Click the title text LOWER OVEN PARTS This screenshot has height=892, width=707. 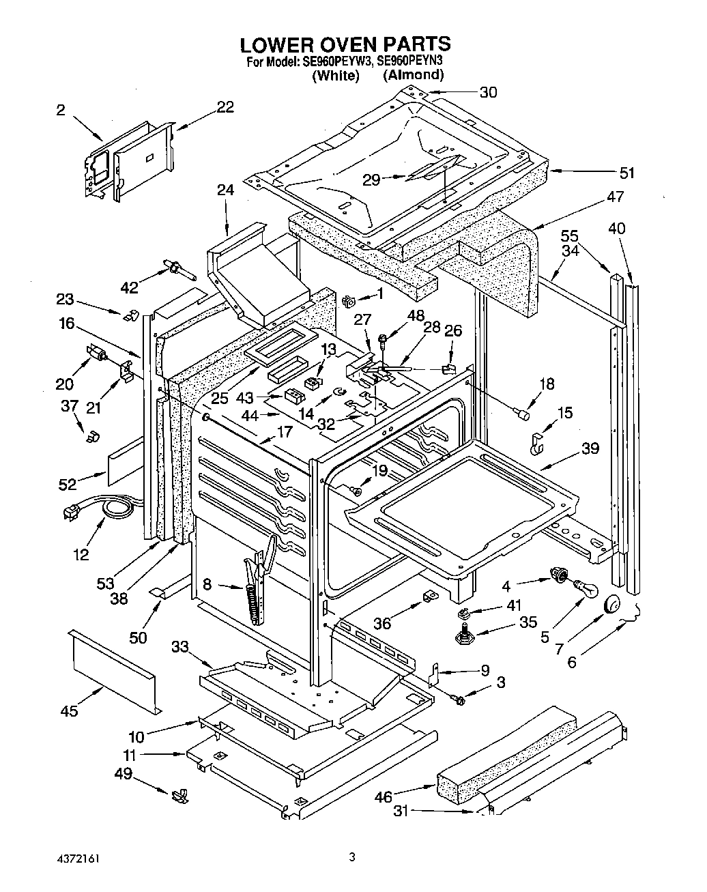tap(345, 44)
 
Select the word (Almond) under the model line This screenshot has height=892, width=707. tap(413, 76)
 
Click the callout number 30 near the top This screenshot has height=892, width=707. tap(488, 92)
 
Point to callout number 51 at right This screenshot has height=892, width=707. tap(626, 173)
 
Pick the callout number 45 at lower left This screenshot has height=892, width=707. tap(69, 711)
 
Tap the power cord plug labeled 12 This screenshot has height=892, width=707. tap(72, 511)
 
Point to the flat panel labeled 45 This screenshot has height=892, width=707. tap(112, 669)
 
